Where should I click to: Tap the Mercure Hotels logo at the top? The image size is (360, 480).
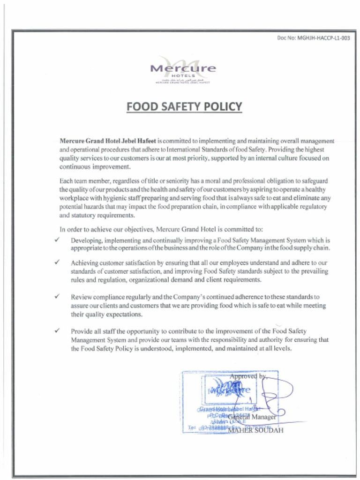(183, 69)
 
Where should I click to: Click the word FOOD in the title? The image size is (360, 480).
(143, 107)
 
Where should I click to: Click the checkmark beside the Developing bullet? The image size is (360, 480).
(56, 240)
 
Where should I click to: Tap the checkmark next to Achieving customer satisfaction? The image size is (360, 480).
(56, 263)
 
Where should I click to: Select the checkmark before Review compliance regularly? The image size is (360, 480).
(56, 297)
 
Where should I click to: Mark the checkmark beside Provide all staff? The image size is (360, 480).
(56, 330)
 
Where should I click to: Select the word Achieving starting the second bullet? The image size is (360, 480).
(86, 263)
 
